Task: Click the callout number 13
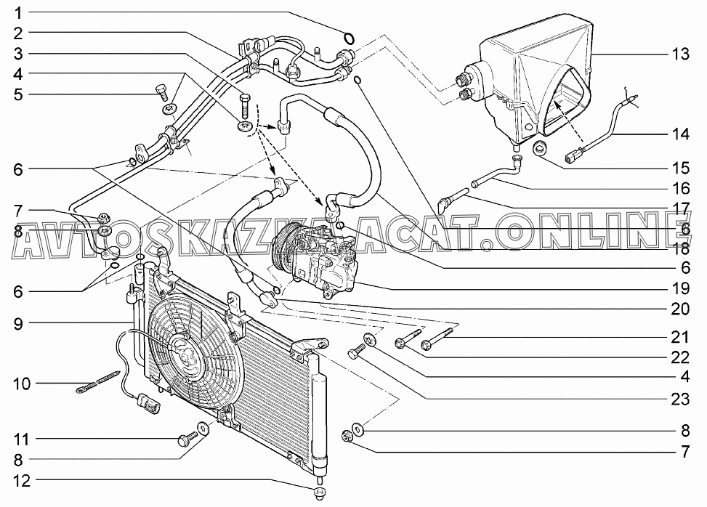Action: (680, 54)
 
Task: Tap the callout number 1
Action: (18, 12)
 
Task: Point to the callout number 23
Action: (680, 399)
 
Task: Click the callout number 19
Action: (680, 288)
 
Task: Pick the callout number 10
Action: (21, 384)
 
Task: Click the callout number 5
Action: (18, 94)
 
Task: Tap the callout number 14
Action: (680, 134)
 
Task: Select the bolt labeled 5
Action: (161, 91)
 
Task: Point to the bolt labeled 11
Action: (187, 439)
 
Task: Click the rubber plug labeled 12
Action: (320, 492)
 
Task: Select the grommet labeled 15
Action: (540, 148)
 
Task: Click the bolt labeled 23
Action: (357, 351)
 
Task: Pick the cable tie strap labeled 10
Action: (98, 381)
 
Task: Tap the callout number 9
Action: (18, 323)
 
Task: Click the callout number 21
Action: (680, 337)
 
